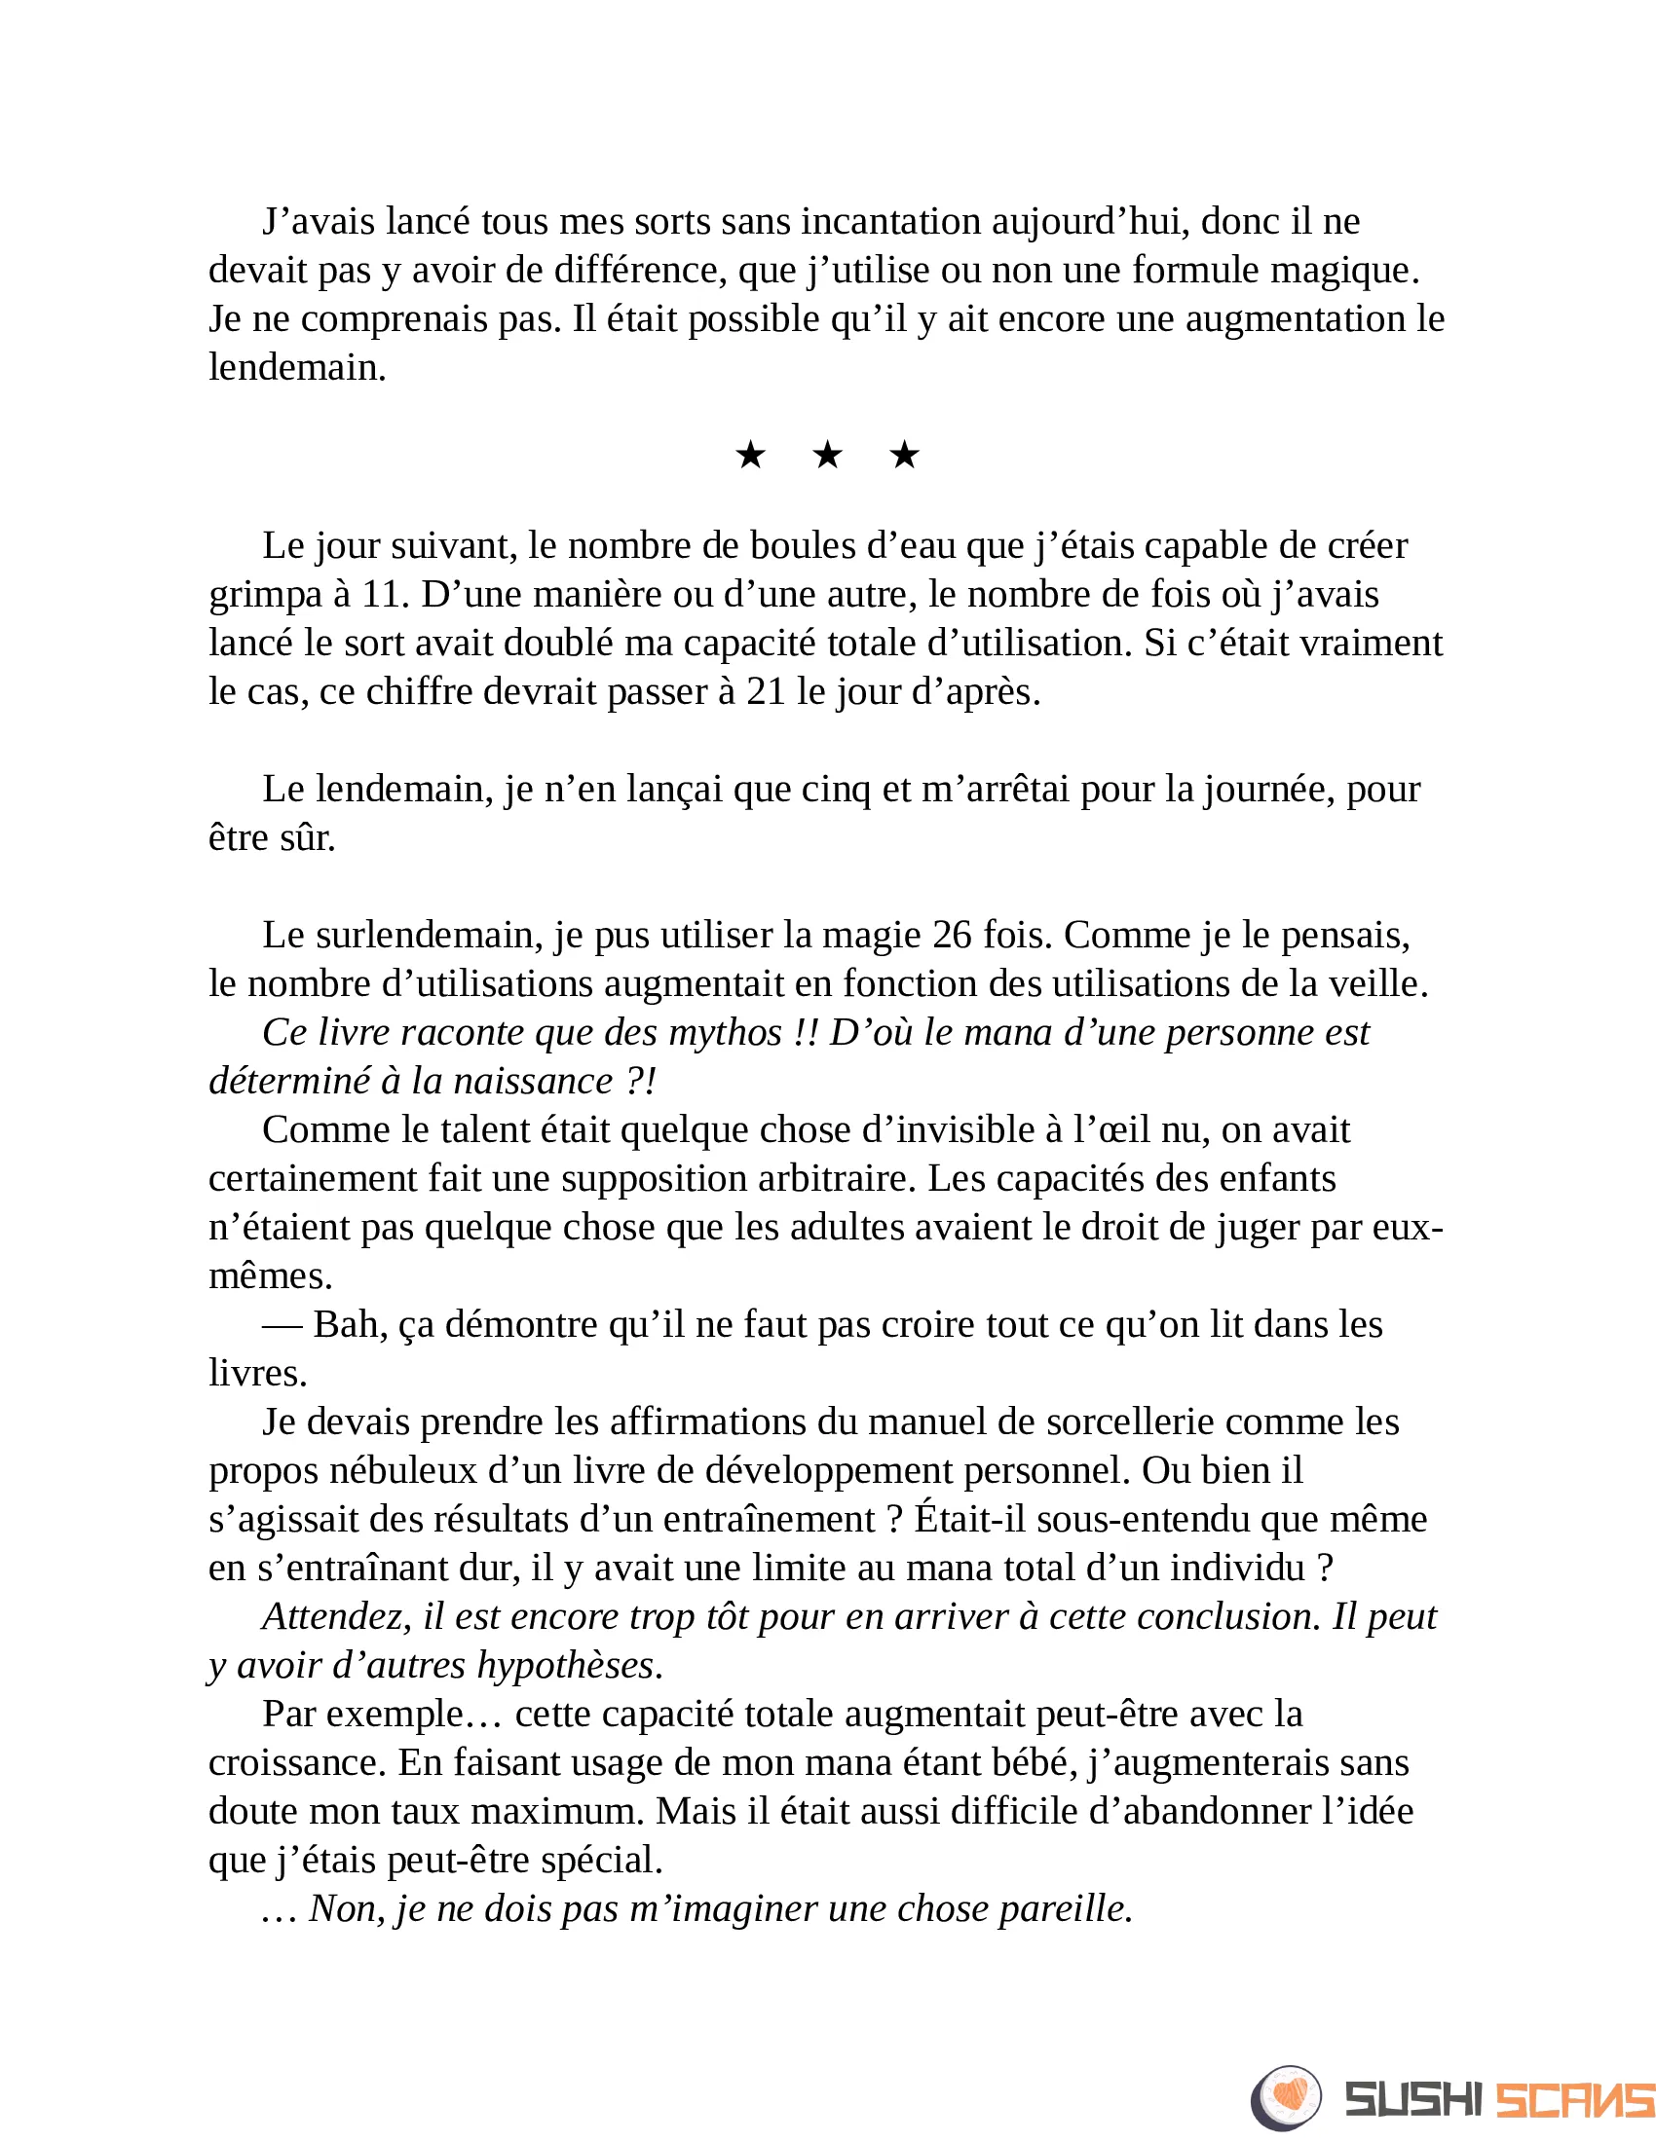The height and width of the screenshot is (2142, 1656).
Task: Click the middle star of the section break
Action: (x=827, y=455)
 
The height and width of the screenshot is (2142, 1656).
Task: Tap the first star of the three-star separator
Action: (x=750, y=455)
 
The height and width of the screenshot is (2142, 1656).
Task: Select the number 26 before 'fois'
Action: (x=952, y=935)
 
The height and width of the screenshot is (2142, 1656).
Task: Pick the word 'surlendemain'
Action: (x=430, y=935)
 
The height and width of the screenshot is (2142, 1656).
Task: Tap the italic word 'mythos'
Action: (x=725, y=1033)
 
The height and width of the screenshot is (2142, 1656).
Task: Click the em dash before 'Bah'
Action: (x=282, y=1325)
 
